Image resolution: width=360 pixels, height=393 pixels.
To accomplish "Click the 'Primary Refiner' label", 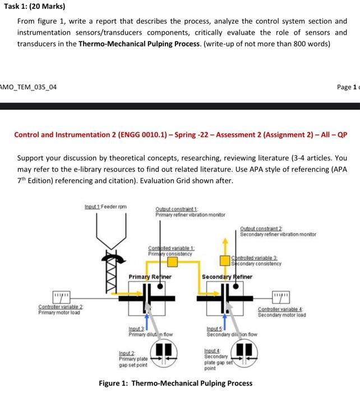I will coord(149,277).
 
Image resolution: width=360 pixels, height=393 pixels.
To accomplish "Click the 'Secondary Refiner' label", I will coord(227,277).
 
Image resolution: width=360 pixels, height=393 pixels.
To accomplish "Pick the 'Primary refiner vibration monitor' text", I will coord(183,214).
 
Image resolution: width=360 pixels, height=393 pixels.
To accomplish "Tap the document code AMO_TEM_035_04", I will coord(29,86).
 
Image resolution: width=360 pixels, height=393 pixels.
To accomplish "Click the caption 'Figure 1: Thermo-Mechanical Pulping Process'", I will coord(176,383).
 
